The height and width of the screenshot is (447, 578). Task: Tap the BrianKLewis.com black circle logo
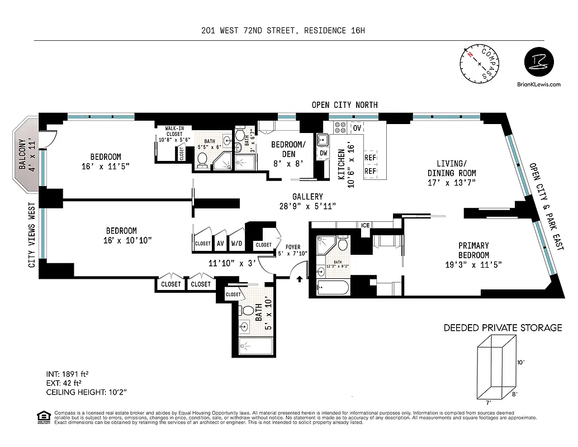click(542, 63)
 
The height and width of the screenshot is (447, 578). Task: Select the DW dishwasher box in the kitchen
click(323, 154)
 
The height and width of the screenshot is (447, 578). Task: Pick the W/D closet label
click(237, 244)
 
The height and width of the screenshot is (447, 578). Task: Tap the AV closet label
click(220, 244)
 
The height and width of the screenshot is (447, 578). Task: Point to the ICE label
click(366, 225)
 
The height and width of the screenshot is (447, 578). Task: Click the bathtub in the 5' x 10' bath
click(255, 346)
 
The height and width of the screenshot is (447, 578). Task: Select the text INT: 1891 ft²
click(68, 374)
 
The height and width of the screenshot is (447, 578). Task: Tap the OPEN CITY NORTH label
click(344, 104)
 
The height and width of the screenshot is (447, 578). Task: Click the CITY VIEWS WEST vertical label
click(32, 235)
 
